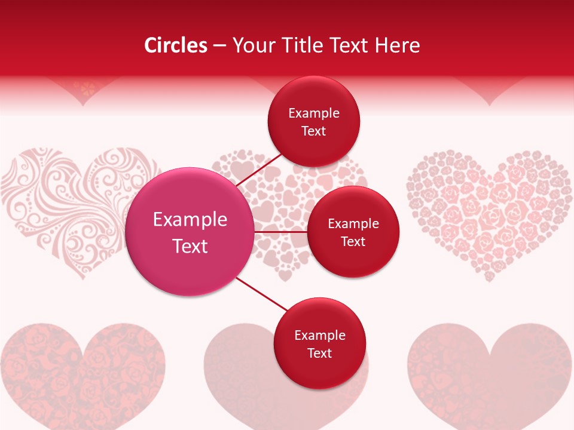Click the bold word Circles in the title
(x=175, y=45)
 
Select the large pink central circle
(x=190, y=232)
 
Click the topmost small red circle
(x=313, y=121)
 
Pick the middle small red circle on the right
(x=353, y=232)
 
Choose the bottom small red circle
(x=319, y=343)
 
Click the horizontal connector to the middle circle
(x=281, y=232)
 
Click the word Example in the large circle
(x=190, y=219)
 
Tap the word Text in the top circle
(x=313, y=131)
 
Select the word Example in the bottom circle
(x=319, y=335)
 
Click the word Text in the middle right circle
(x=353, y=241)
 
